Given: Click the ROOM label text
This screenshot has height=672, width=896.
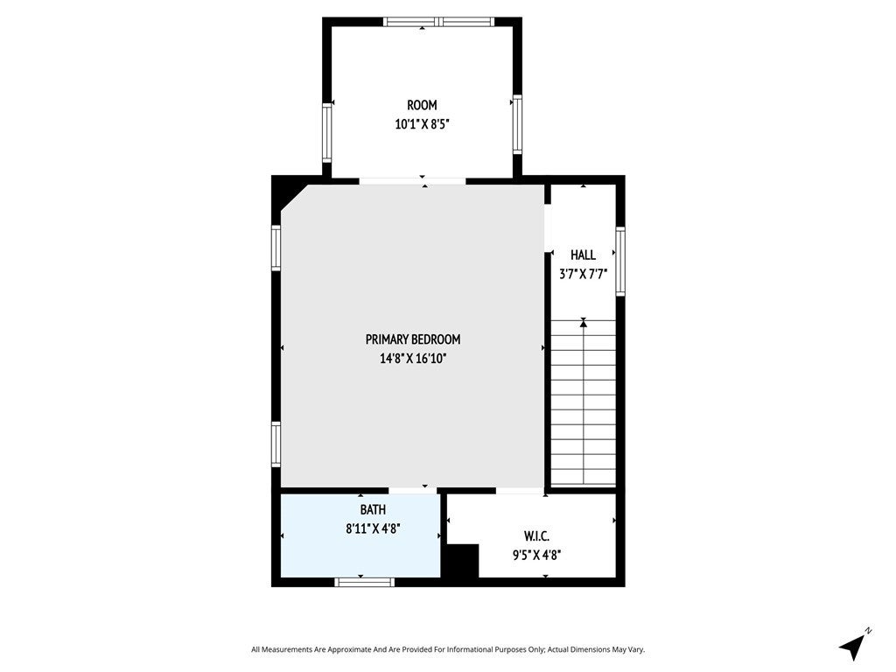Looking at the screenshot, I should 422,105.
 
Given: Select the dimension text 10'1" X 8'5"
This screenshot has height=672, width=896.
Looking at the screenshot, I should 422,124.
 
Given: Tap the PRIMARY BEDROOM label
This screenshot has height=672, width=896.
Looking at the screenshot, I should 413,339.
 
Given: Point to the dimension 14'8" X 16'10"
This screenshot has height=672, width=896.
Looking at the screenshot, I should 413,358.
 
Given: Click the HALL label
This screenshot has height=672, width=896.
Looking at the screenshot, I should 583,255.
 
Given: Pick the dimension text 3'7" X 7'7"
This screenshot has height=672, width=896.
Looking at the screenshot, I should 583,273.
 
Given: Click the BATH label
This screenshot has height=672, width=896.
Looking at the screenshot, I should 373,509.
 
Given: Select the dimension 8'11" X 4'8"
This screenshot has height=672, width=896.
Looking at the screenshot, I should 373,528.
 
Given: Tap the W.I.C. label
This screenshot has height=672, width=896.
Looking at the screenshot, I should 536,535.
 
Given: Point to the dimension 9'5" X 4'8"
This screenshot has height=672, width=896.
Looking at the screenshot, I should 536,554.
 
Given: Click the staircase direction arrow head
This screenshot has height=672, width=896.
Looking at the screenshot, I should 584,324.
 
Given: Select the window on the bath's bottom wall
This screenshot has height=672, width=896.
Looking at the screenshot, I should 365,581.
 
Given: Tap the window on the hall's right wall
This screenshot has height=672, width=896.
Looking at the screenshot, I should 620,261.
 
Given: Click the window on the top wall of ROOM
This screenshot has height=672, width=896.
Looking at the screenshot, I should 439,22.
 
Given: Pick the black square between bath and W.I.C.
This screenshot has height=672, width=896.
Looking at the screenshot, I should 460,561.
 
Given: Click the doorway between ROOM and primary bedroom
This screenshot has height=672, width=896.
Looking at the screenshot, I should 412,181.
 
